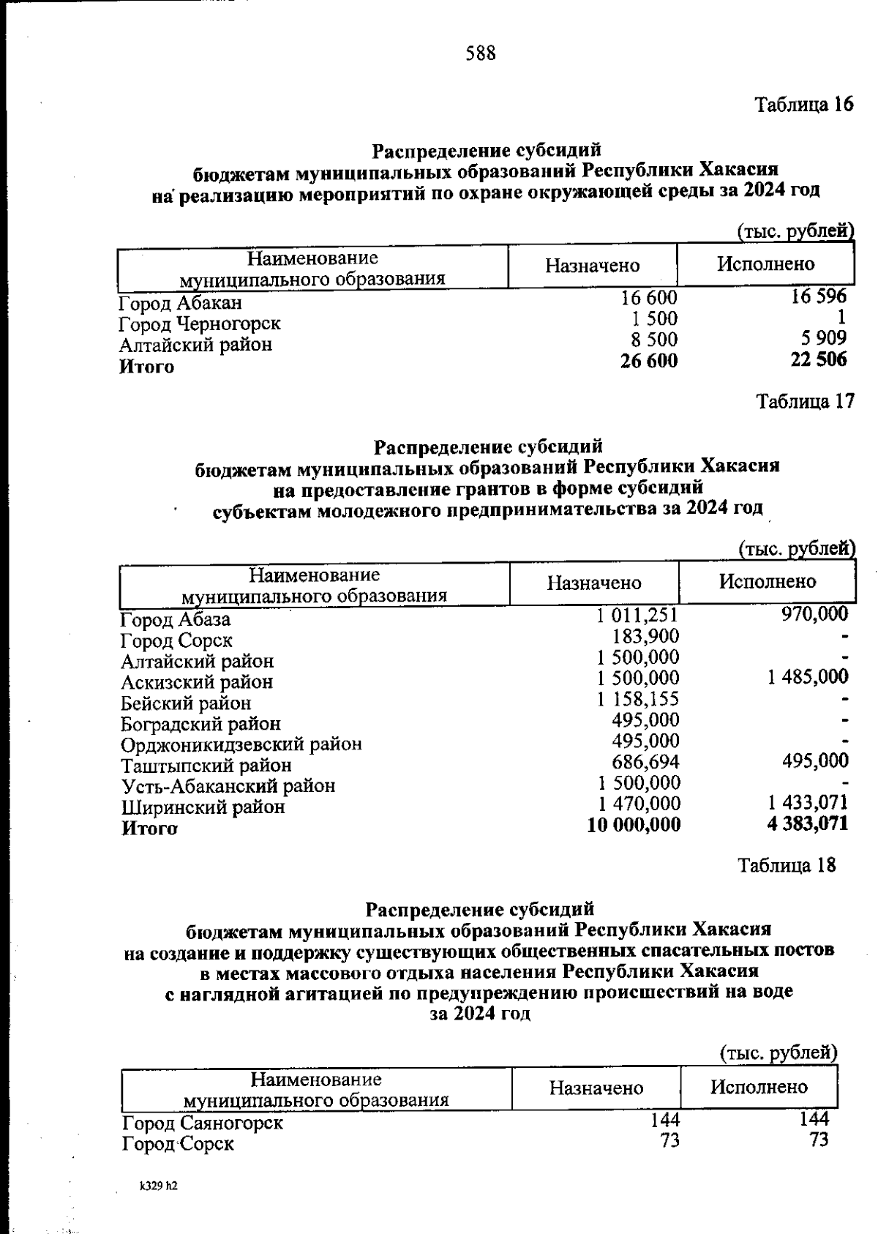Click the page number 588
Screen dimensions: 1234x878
tap(480, 53)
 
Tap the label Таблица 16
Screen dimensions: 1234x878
tap(804, 105)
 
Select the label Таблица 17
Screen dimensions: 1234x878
tap(805, 401)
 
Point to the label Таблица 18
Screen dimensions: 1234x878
tap(787, 865)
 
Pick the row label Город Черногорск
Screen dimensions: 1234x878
tap(200, 324)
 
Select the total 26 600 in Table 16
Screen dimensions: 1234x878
tap(648, 361)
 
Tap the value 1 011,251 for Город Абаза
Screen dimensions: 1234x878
tap(637, 616)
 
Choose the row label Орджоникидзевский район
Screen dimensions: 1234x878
tap(241, 744)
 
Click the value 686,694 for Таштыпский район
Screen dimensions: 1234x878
tap(646, 762)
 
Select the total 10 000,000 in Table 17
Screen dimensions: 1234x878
tap(634, 825)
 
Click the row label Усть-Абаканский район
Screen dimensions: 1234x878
tap(228, 786)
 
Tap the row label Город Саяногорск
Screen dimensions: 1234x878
tap(203, 1123)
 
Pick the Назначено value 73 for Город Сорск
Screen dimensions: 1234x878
tap(669, 1141)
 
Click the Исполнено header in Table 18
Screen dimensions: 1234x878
tap(759, 1087)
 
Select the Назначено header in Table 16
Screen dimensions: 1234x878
tap(592, 266)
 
